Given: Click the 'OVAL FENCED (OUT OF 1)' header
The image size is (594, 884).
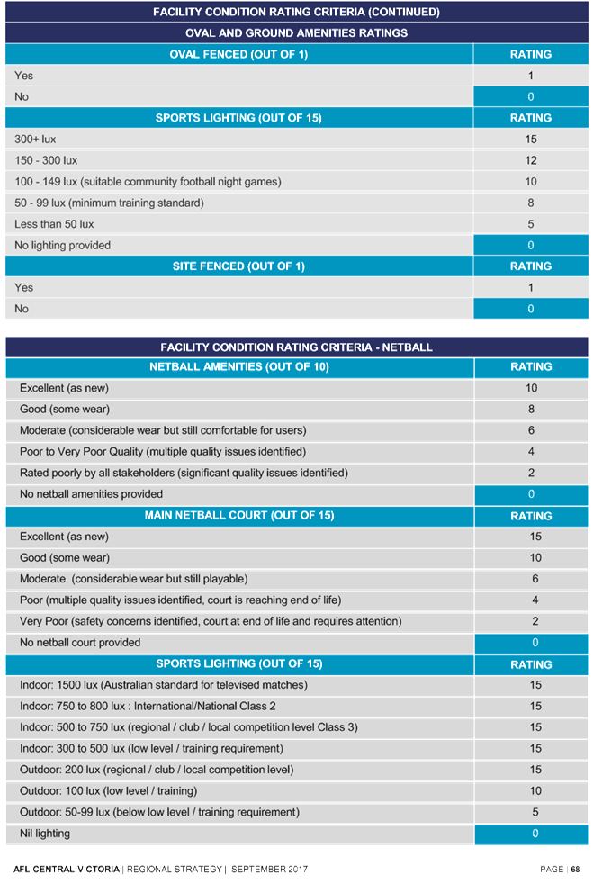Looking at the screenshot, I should pyautogui.click(x=238, y=54).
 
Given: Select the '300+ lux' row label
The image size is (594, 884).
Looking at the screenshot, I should pyautogui.click(x=35, y=140).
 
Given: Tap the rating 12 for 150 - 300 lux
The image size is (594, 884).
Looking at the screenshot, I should pyautogui.click(x=531, y=160).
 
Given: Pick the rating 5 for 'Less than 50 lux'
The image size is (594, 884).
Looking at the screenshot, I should pyautogui.click(x=531, y=224).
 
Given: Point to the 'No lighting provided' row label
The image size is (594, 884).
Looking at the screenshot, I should pyautogui.click(x=63, y=245).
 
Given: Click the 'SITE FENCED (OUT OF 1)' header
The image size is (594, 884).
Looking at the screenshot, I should pyautogui.click(x=238, y=266).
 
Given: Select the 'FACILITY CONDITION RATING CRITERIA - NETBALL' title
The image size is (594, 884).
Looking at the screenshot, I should pyautogui.click(x=296, y=347).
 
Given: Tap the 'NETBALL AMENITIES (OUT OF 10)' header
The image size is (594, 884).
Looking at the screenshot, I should pyautogui.click(x=238, y=367).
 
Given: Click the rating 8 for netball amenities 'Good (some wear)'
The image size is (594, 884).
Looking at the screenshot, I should pyautogui.click(x=531, y=410).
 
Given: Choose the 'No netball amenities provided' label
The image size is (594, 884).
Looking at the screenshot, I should pyautogui.click(x=91, y=494).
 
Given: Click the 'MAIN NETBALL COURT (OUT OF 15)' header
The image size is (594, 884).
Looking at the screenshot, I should pyautogui.click(x=238, y=516).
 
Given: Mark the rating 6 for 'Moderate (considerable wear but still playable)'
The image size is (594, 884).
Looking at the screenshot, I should pyautogui.click(x=531, y=579).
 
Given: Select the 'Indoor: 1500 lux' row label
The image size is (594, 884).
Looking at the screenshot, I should pyautogui.click(x=163, y=685).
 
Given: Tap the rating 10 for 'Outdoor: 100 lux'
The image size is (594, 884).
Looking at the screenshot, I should pyautogui.click(x=531, y=791).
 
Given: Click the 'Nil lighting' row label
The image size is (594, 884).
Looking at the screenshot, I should pyautogui.click(x=45, y=834).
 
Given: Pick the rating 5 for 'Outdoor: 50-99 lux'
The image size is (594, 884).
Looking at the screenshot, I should pyautogui.click(x=531, y=812).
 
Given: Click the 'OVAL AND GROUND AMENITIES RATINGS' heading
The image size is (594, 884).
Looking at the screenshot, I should pyautogui.click(x=296, y=32).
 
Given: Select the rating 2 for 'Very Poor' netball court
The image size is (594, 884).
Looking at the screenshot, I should pyautogui.click(x=531, y=621).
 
